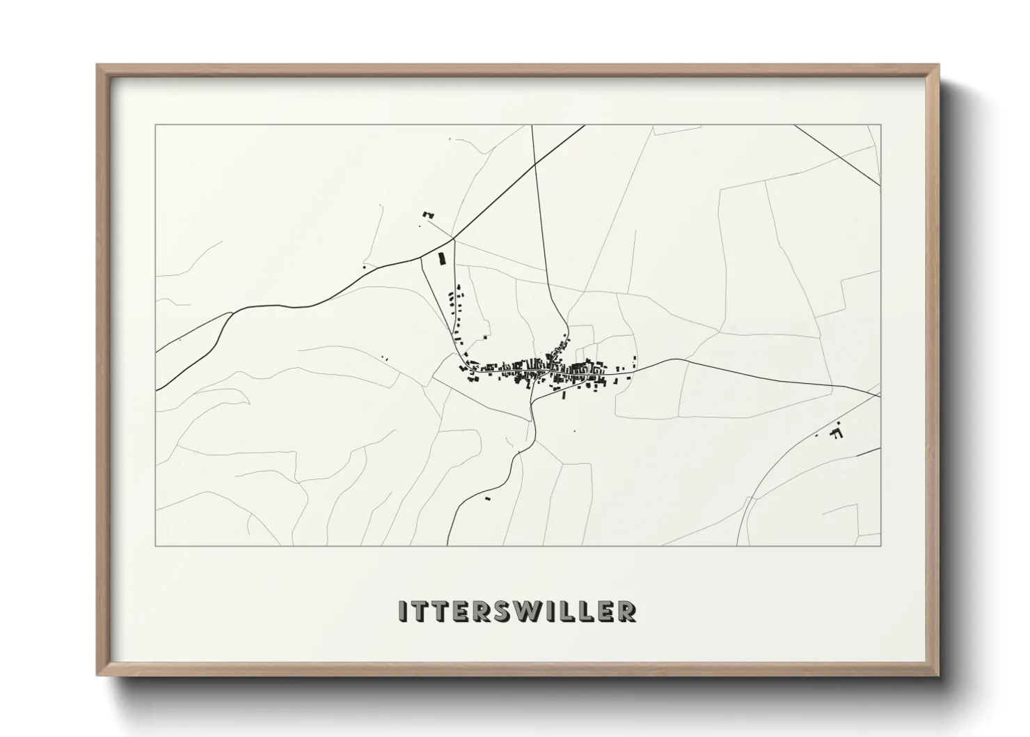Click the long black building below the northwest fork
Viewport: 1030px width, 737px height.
coord(440,259)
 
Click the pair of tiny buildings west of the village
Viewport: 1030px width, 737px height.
coord(386,359)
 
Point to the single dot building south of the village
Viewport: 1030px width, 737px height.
coord(575,431)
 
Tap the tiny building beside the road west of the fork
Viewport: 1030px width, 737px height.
coord(364,266)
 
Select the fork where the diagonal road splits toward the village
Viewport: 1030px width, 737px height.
coord(454,239)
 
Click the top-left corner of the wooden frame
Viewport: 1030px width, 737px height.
coord(97,65)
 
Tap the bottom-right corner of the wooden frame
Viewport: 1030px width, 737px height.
coord(940,676)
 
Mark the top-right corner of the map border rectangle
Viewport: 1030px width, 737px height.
coord(880,125)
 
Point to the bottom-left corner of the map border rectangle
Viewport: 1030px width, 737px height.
coord(156,545)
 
